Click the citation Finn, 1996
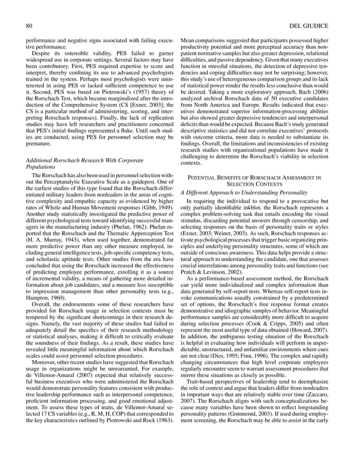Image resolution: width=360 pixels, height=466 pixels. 251,345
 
